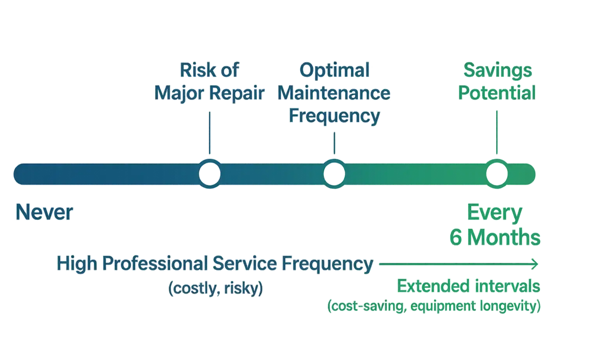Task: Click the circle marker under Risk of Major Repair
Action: click(x=209, y=174)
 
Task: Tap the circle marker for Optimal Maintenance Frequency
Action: click(x=334, y=174)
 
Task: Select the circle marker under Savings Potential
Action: click(x=496, y=174)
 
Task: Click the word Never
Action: click(x=45, y=213)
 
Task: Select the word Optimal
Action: click(x=334, y=70)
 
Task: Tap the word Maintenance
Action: click(x=334, y=93)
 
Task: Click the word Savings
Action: click(x=497, y=70)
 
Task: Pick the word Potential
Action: click(x=497, y=93)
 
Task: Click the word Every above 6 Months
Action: click(x=495, y=213)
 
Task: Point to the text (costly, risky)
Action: click(x=215, y=288)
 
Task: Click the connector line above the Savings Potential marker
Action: click(x=496, y=133)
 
